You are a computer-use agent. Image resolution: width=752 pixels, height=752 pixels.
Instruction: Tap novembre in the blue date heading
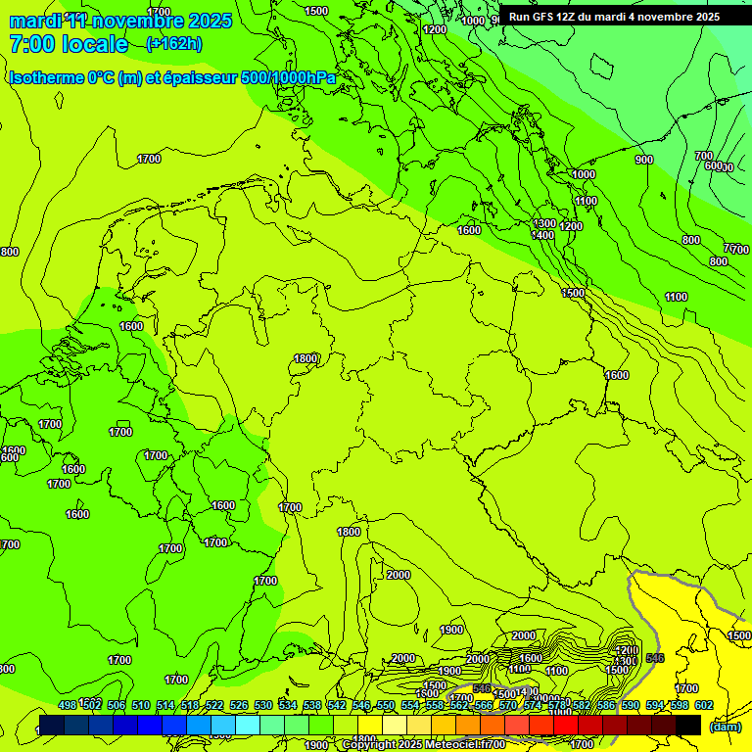(x=136, y=21)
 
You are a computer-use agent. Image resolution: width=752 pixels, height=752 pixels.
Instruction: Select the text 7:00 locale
(x=69, y=44)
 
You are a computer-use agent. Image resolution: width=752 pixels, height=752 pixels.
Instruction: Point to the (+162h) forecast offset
(x=174, y=44)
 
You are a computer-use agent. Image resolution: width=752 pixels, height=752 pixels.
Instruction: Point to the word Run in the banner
(x=520, y=17)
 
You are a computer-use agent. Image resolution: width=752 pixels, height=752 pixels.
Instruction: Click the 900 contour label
(x=643, y=160)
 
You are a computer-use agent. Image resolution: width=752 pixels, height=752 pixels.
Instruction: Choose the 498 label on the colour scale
(x=68, y=705)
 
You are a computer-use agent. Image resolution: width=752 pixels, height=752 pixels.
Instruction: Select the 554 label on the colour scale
(x=410, y=705)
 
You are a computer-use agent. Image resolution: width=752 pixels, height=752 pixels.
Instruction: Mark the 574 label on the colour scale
(x=533, y=705)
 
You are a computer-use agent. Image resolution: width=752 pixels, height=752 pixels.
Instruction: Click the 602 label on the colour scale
(x=704, y=705)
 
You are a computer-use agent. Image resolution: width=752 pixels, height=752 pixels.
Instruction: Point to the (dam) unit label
(x=725, y=727)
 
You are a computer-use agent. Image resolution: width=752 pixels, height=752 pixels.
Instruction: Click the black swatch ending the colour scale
(x=688, y=725)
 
